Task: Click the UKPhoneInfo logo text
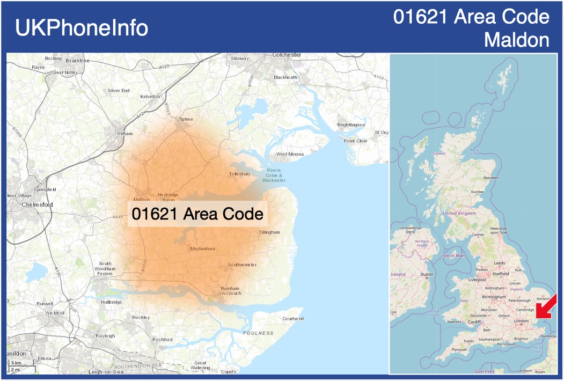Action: [x=82, y=28]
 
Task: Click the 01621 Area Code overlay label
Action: [x=197, y=214]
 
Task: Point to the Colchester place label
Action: [x=287, y=55]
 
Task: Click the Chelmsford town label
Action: [x=37, y=204]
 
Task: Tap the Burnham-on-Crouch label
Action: [x=231, y=291]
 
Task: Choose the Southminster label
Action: [x=242, y=265]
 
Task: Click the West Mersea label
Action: [x=290, y=154]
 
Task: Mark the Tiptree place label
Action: [x=185, y=119]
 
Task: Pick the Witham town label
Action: [x=124, y=133]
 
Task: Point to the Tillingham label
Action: [x=269, y=232]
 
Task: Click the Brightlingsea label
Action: [x=351, y=124]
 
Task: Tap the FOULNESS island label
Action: [x=259, y=333]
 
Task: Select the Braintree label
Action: [x=78, y=60]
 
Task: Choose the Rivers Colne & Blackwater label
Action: [x=274, y=175]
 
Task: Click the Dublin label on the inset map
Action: [x=427, y=275]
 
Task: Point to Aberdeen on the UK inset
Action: [x=490, y=178]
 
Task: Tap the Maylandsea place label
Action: [x=202, y=248]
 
